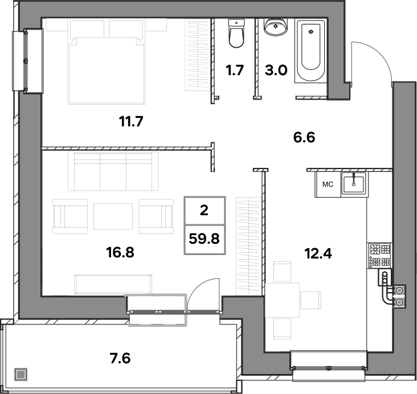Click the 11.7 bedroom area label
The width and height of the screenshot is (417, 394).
131,122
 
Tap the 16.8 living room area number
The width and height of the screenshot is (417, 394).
120,252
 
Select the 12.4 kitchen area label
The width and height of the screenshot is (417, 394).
318,253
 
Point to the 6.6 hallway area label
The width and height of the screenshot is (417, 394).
304,137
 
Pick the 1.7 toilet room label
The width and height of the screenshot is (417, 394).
235,71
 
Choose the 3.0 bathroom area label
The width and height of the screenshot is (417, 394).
276,71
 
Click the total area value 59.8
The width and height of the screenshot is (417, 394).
205,239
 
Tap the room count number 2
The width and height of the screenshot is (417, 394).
204,211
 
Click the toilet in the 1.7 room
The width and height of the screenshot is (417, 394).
236,34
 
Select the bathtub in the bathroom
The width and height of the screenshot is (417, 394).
311,51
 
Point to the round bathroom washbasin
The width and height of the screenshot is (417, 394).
276,27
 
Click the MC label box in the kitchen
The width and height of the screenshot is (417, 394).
328,184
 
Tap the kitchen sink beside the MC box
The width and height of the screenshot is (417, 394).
354,183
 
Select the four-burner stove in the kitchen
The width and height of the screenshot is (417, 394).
379,256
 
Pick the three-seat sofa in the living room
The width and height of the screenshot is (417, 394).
113,171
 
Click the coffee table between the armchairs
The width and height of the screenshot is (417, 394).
113,216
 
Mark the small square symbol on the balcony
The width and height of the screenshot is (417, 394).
21,374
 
